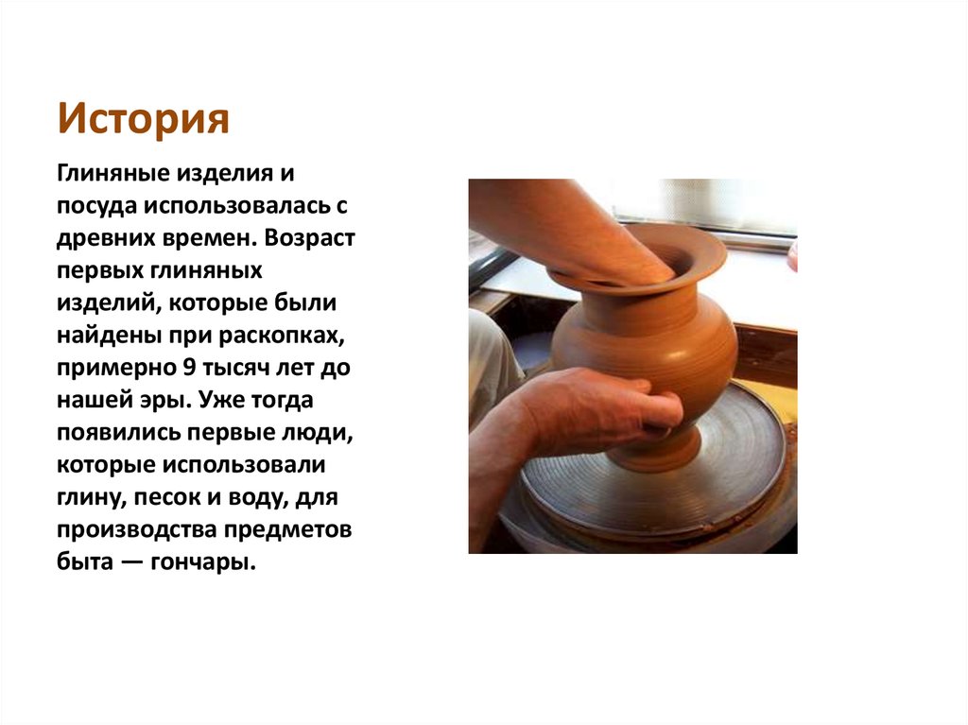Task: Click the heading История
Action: pyautogui.click(x=144, y=120)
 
